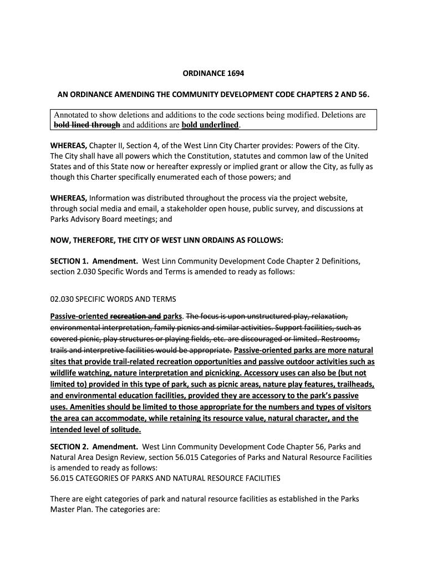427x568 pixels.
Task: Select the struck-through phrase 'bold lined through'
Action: (x=87, y=125)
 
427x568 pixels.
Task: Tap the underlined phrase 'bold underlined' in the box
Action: (x=210, y=125)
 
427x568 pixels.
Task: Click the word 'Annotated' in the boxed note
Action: (x=73, y=115)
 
